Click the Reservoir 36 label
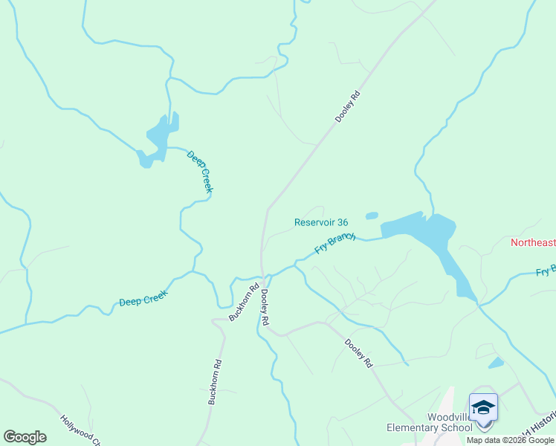tap(321, 222)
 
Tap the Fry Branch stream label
tap(335, 242)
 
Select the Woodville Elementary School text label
tap(430, 422)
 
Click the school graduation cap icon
tap(483, 408)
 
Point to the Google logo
tap(25, 437)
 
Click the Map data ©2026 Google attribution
tap(510, 440)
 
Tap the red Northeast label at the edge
tap(533, 243)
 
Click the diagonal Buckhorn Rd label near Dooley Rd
tap(244, 301)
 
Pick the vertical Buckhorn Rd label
tap(215, 382)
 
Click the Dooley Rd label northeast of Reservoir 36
tap(347, 106)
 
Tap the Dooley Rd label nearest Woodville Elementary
tap(358, 352)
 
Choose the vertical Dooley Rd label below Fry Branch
tap(263, 306)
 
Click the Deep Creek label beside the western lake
tap(200, 172)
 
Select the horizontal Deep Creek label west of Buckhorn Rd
tap(143, 297)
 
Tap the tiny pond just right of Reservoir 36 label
tap(372, 216)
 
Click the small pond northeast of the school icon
tap(496, 363)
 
